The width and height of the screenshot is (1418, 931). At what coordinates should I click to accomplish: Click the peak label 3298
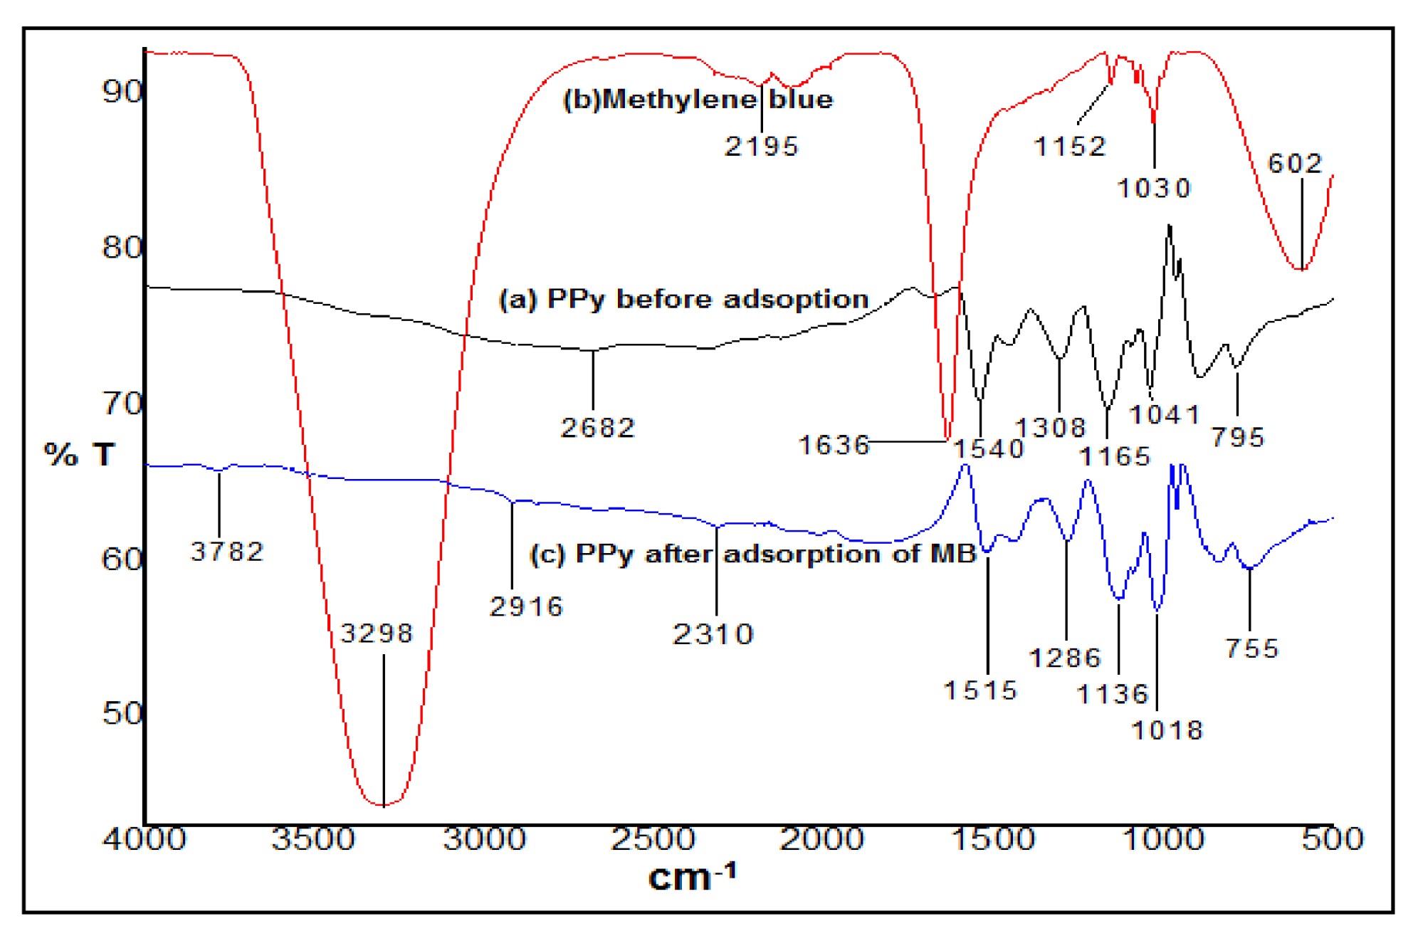click(x=377, y=633)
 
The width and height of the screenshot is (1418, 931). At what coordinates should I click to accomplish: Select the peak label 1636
click(x=834, y=445)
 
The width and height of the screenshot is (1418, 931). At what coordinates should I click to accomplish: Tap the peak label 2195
click(x=762, y=147)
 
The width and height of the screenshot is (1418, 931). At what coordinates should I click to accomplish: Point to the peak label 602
click(x=1295, y=164)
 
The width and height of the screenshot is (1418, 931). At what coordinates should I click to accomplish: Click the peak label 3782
click(x=227, y=552)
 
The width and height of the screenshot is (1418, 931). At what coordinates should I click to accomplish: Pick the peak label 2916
click(x=527, y=606)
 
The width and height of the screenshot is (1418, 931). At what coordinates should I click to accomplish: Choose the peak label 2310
click(x=713, y=634)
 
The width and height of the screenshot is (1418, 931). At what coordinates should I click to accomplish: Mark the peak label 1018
click(x=1167, y=730)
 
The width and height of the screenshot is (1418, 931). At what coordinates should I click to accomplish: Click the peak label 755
click(x=1252, y=648)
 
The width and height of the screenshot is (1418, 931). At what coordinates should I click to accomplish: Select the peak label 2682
click(x=598, y=428)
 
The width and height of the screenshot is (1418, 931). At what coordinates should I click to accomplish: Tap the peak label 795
click(x=1238, y=437)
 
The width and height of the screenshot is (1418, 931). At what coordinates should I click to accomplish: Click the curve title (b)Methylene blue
click(x=698, y=99)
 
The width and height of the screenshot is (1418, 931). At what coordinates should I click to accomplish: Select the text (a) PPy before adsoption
click(x=683, y=299)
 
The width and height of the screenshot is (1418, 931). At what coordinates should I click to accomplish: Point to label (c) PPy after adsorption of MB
click(x=753, y=554)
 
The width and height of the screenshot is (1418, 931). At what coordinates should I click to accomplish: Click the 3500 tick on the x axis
click(x=313, y=839)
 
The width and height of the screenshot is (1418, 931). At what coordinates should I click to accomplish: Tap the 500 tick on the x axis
click(x=1332, y=839)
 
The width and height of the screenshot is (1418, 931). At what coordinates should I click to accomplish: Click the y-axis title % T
click(x=79, y=454)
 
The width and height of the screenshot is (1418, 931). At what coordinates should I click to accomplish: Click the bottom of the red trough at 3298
click(x=384, y=805)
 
